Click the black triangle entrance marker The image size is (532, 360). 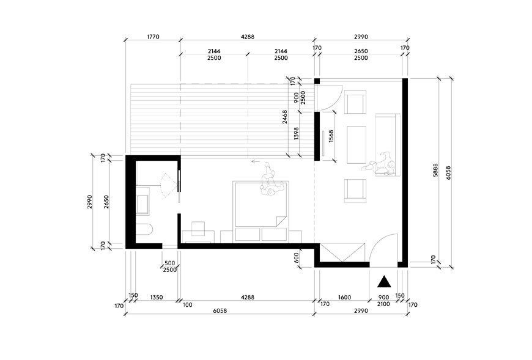coord(384,282)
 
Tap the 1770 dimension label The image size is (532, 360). coord(153,37)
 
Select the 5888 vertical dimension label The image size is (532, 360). coord(435,171)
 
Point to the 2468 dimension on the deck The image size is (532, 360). coord(285,117)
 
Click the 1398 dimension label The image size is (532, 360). coord(297,134)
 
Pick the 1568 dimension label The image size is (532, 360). coord(331,136)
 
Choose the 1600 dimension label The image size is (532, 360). coord(345,297)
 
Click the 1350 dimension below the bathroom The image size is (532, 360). coord(157,297)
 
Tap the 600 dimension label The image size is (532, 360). coord(297,258)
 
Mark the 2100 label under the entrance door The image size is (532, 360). coord(383,304)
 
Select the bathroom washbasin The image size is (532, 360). coord(142,204)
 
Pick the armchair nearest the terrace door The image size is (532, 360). coord(355,101)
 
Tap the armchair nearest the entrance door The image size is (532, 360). coord(355,191)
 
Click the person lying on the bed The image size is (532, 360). coord(272,181)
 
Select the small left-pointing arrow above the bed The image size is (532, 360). coord(256,161)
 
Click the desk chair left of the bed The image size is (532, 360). coord(198,229)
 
